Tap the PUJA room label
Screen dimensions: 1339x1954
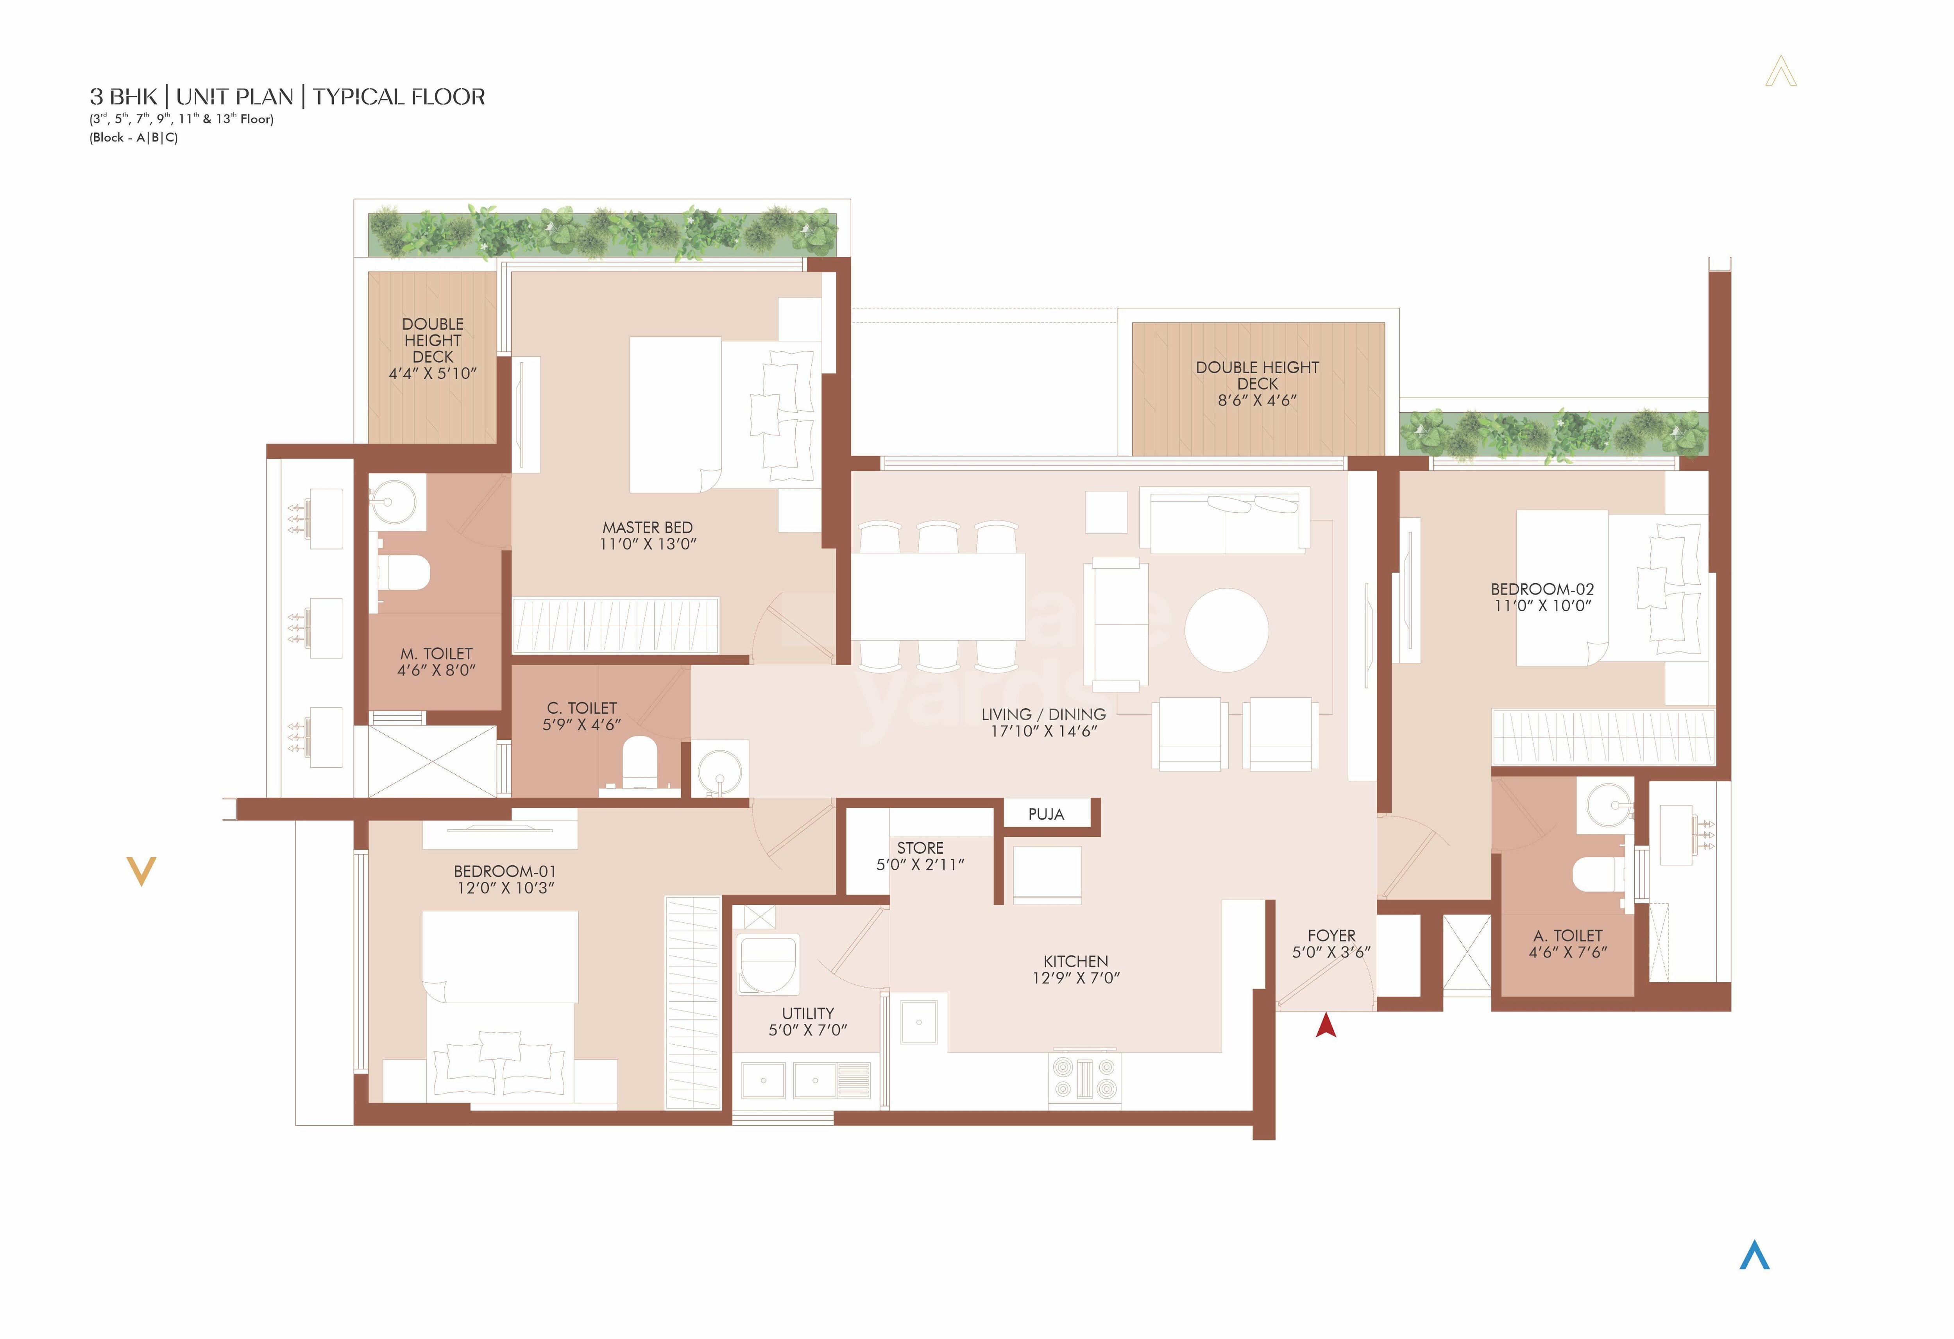point(1046,814)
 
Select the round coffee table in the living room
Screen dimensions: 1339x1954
point(1227,630)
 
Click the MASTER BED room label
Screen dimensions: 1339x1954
point(648,527)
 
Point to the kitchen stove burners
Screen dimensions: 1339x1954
point(1084,1078)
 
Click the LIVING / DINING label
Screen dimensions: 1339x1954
point(1043,714)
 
